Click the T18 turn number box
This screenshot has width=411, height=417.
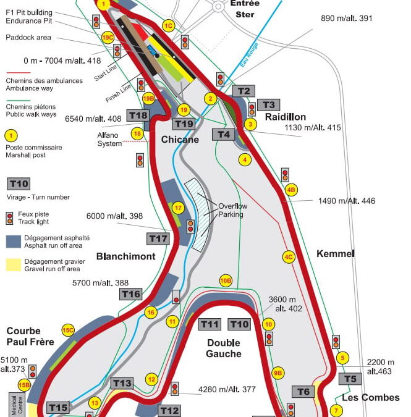(138, 116)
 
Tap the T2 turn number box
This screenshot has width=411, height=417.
(244, 91)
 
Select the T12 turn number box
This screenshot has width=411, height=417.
(169, 410)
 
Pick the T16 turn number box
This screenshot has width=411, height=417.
(131, 294)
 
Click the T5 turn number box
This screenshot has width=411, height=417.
(350, 379)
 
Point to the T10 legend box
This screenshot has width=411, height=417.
(19, 183)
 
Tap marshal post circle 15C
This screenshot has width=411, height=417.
(67, 330)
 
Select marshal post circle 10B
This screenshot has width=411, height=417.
(226, 280)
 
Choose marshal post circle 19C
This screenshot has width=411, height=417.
(108, 38)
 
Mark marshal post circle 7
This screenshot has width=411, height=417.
(336, 410)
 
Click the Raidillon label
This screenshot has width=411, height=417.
(286, 117)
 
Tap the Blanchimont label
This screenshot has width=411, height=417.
(125, 256)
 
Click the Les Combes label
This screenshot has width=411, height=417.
(371, 397)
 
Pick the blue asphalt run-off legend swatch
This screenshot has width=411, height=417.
(13, 241)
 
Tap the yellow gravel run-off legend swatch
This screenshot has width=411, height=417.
(13, 264)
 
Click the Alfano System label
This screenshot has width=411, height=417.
(109, 140)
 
